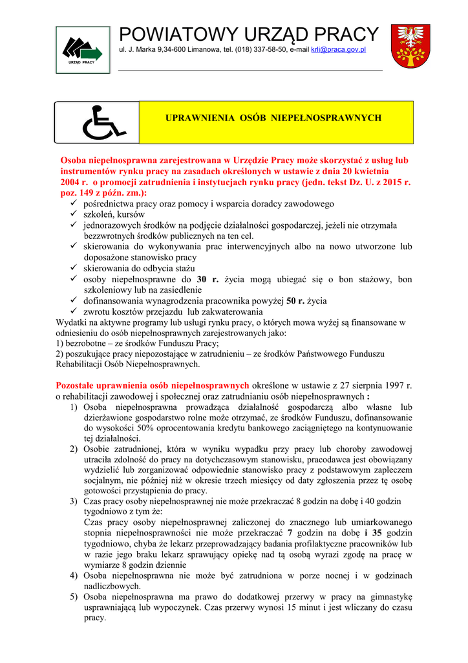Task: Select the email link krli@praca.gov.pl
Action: pos(339,49)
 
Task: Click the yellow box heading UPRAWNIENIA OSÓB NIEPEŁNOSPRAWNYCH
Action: pos(274,118)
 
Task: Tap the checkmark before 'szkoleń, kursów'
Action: pos(74,214)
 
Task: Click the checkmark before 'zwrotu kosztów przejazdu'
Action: pos(74,311)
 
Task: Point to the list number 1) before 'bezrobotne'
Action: pos(60,343)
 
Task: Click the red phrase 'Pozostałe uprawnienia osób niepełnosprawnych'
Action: pos(153,385)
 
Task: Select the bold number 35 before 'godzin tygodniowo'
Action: pos(379,532)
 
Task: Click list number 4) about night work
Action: pos(74,575)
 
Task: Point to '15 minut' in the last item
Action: pos(311,607)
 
